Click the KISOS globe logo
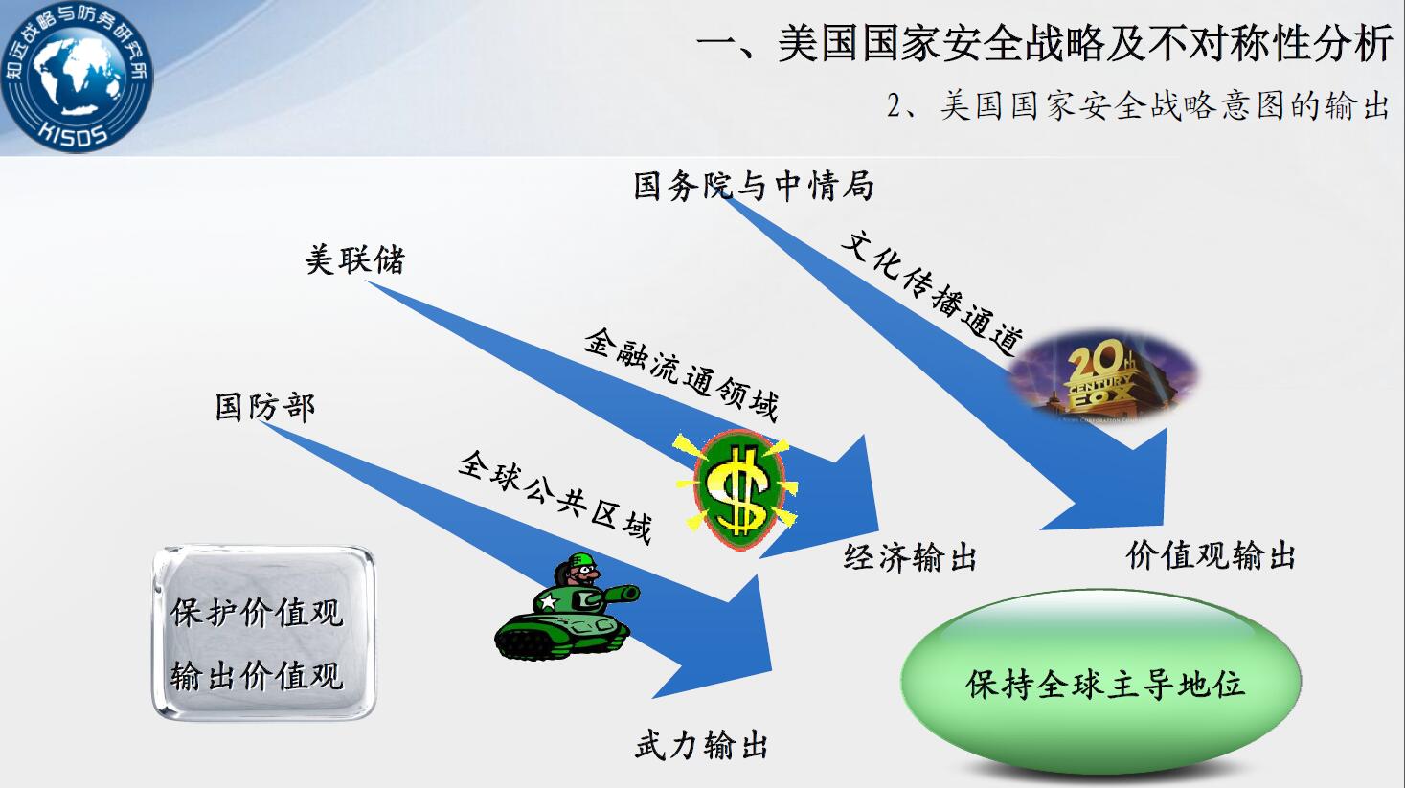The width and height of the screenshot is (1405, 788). click(x=76, y=77)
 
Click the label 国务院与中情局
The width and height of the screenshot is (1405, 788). click(x=754, y=186)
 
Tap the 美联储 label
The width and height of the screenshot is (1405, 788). click(x=355, y=259)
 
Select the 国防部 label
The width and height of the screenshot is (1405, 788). click(x=264, y=407)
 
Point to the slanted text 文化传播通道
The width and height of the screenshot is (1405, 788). click(x=932, y=291)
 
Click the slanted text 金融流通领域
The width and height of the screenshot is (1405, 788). click(x=682, y=373)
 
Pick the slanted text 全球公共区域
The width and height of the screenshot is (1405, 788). click(x=555, y=497)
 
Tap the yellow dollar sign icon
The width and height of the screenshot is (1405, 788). click(x=738, y=490)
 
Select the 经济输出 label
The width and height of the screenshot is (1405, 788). click(x=910, y=556)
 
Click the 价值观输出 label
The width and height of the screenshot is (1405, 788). click(x=1211, y=555)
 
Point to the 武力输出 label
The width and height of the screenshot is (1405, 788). click(x=701, y=745)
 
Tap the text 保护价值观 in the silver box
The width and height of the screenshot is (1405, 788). click(x=257, y=613)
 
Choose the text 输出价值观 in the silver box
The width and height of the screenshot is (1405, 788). click(x=257, y=676)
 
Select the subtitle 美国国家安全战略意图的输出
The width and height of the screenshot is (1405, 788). click(x=1166, y=105)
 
